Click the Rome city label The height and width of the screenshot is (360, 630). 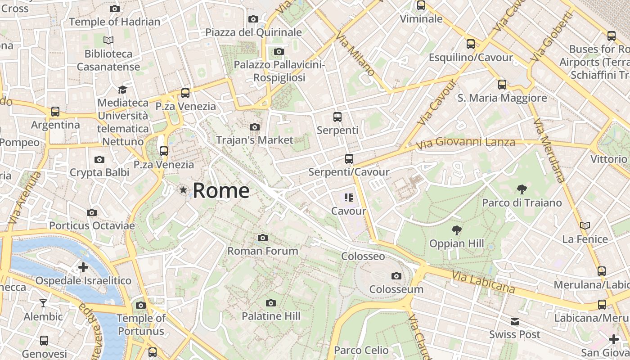pos(221,191)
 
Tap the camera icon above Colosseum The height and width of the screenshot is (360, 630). pos(396,276)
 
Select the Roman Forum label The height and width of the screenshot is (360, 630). pos(263,251)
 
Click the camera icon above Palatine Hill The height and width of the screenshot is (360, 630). pos(270,303)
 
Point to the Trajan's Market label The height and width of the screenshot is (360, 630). pos(255,140)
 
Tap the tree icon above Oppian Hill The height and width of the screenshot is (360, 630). pos(457,230)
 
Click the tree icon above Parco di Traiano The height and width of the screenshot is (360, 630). pos(522,189)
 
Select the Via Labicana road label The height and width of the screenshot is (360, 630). pos(483,281)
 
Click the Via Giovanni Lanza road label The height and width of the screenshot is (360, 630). pos(465,143)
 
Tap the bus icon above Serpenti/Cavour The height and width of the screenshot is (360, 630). pos(349,158)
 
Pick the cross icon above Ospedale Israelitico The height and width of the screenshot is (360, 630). pos(83,267)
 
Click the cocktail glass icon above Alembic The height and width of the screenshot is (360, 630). pos(43,303)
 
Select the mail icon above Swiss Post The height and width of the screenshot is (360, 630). pos(515,321)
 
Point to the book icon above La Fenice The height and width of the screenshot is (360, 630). pos(585,225)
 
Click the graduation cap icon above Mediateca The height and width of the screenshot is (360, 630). pos(122,90)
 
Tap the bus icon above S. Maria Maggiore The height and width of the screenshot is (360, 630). pos(502,84)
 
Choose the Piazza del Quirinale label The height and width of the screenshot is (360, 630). pos(253,32)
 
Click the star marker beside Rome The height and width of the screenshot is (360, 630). pos(183,190)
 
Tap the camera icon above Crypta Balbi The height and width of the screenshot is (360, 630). pos(99,159)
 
